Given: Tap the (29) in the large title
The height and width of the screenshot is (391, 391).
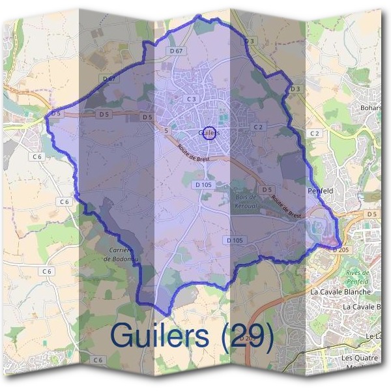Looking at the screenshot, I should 246,336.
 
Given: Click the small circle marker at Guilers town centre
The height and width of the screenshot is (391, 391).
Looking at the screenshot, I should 209,133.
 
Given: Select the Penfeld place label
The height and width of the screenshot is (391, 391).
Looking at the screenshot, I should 321,191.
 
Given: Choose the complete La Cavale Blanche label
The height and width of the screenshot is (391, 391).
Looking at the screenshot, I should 340,292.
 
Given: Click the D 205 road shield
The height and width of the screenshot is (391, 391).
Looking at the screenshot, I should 340,250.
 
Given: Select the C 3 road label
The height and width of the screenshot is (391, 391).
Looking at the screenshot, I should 192,99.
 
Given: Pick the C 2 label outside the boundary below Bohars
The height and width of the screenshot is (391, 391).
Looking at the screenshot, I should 315,134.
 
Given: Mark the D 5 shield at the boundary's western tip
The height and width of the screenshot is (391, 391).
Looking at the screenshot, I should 56,113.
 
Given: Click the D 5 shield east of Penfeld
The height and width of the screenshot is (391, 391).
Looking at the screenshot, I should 372,214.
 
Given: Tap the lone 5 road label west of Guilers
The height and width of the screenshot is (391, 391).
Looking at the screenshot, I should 166,131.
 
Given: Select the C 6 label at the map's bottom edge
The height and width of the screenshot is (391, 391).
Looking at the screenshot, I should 98,360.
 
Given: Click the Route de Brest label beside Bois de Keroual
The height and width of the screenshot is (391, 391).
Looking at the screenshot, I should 287,207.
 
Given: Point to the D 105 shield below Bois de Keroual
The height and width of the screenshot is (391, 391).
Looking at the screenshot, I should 235,240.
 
